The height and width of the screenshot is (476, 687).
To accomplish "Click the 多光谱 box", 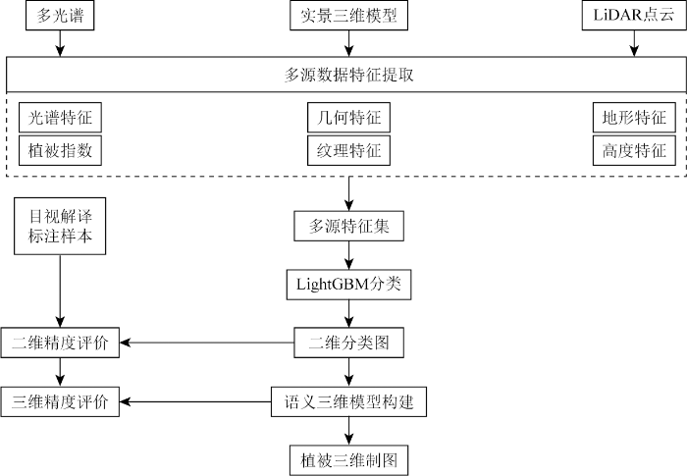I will (x=60, y=17).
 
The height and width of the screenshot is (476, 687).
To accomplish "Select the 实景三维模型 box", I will (x=348, y=17).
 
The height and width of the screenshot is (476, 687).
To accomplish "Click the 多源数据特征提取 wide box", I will (x=343, y=75).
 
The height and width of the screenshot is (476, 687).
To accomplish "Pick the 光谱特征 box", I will (x=60, y=118).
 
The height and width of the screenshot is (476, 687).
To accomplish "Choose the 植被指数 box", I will (x=60, y=150).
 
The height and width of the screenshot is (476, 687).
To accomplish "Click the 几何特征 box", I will (x=348, y=118).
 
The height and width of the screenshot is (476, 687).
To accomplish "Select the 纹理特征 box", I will (x=348, y=150).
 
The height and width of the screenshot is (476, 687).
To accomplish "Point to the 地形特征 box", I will (x=633, y=118).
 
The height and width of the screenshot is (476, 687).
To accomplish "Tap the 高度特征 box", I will (x=633, y=150).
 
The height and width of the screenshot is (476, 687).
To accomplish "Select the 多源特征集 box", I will (x=348, y=227).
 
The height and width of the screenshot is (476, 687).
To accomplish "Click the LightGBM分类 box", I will (x=348, y=285).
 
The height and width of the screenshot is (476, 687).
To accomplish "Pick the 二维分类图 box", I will (x=348, y=343).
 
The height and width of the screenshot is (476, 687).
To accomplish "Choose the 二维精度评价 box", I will (x=60, y=343).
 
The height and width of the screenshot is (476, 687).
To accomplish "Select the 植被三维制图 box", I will (x=348, y=458).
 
